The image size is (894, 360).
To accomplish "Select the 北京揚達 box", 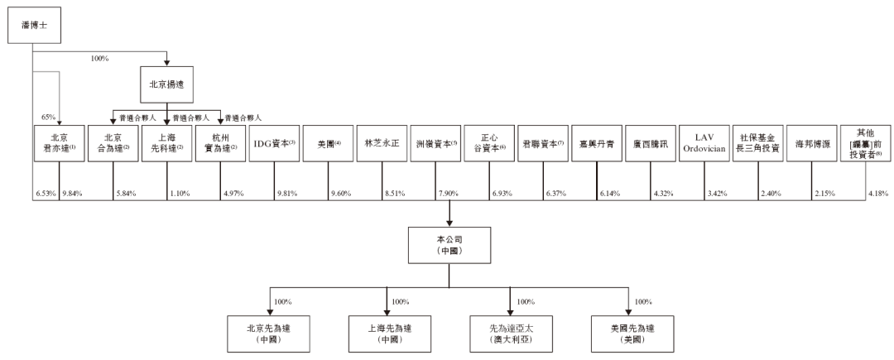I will click(167, 84).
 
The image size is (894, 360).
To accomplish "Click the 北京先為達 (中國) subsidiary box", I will click(265, 333).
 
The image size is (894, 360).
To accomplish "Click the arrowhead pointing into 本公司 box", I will click(448, 222).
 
